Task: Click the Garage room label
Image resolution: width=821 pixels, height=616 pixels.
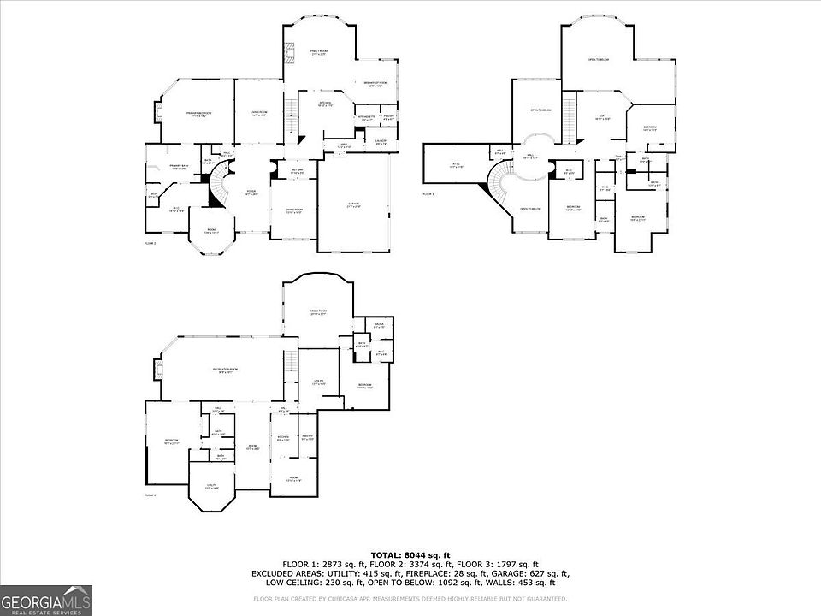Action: tap(352, 205)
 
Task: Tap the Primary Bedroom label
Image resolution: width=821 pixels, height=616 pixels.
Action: tap(199, 114)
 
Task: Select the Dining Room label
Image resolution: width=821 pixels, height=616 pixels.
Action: tap(292, 211)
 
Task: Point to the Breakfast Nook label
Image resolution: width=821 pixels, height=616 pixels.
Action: tap(377, 84)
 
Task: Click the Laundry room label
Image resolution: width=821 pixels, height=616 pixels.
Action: tap(381, 142)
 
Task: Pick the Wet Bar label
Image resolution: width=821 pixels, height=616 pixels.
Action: tap(298, 172)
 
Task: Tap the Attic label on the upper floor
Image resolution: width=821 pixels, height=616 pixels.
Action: tap(456, 166)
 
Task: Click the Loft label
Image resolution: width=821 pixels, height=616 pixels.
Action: tap(602, 117)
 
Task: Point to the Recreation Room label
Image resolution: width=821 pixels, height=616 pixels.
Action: tap(225, 370)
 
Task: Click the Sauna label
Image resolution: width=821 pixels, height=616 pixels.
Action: tap(379, 325)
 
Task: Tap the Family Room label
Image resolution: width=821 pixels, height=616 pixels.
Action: tap(319, 53)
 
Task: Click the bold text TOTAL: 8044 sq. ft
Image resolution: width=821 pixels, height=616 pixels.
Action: tap(410, 555)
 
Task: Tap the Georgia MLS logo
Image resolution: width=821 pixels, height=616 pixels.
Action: tap(46, 599)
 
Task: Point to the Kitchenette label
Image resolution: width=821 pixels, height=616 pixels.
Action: tap(366, 117)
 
